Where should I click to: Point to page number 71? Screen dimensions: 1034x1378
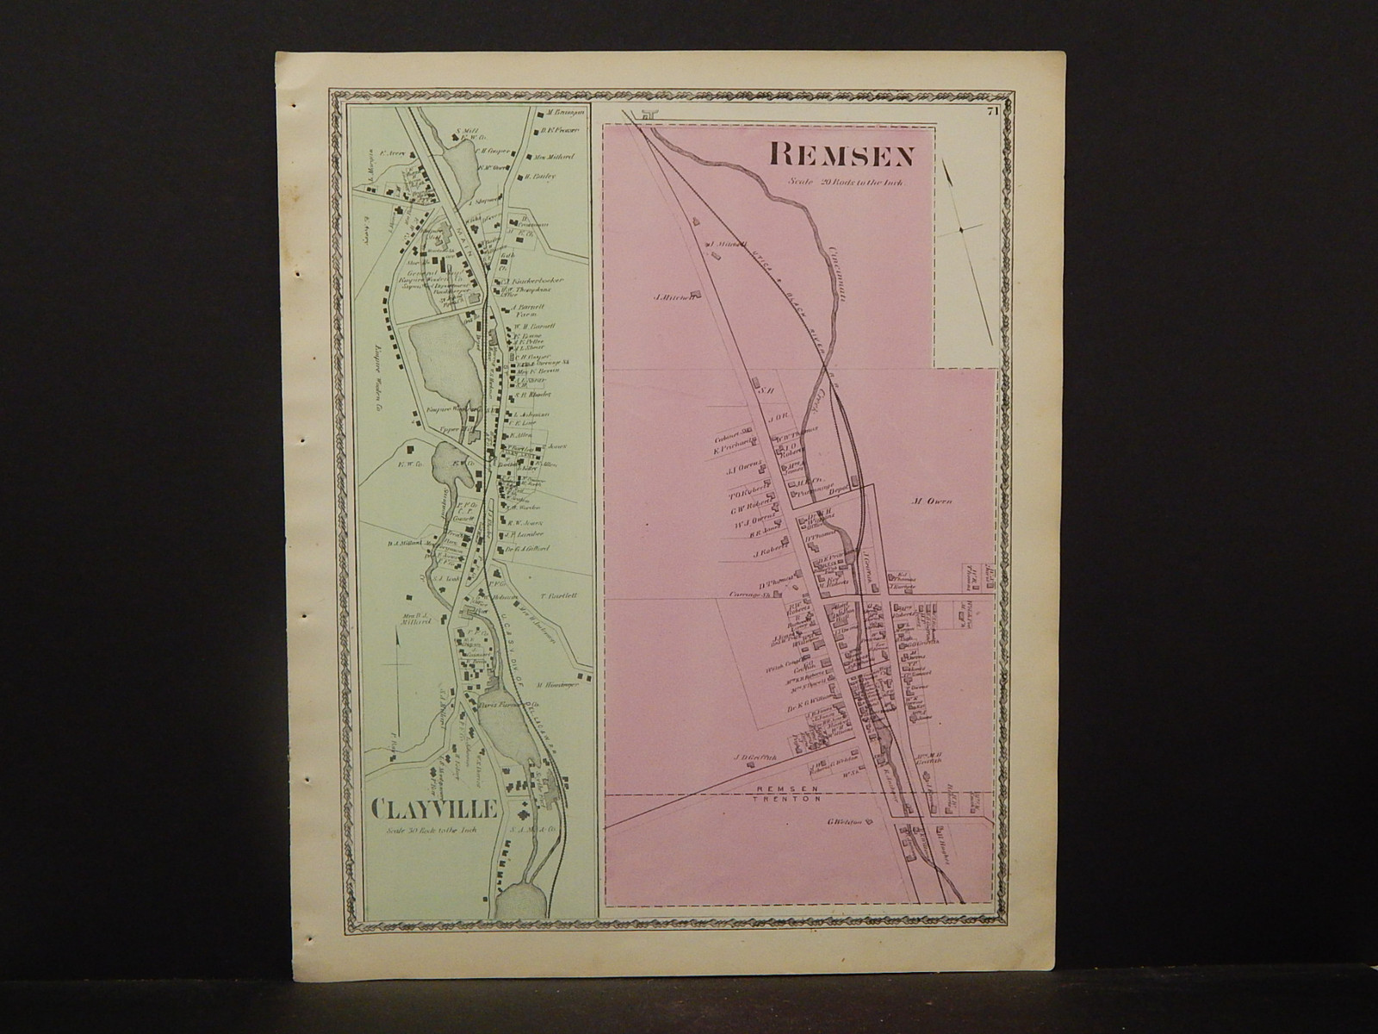[x=992, y=110]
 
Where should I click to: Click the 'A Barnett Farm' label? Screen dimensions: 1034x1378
[x=525, y=310]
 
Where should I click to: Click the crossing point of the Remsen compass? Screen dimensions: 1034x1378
[x=962, y=228]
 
